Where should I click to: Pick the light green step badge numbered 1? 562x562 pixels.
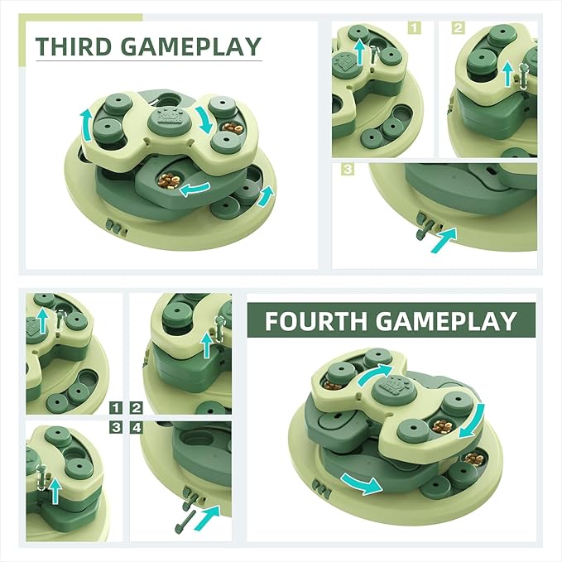415,27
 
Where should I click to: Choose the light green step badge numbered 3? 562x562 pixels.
348,169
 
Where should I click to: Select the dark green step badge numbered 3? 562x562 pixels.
117,427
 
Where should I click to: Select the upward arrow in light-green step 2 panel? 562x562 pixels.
508,74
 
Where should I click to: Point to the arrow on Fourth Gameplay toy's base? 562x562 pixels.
361,481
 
